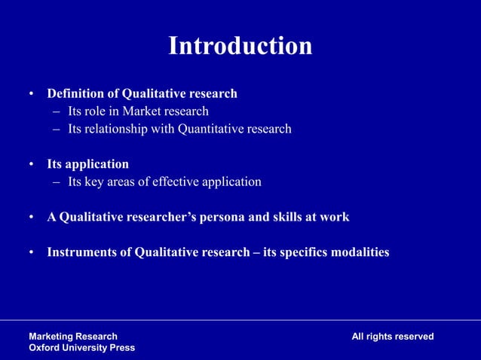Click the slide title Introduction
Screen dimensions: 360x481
(240, 46)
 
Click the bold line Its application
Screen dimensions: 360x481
(88, 164)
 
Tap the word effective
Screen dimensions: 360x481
(182, 182)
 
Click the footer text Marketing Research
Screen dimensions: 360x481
(73, 337)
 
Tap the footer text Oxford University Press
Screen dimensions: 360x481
(82, 348)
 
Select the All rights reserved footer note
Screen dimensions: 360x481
(392, 337)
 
